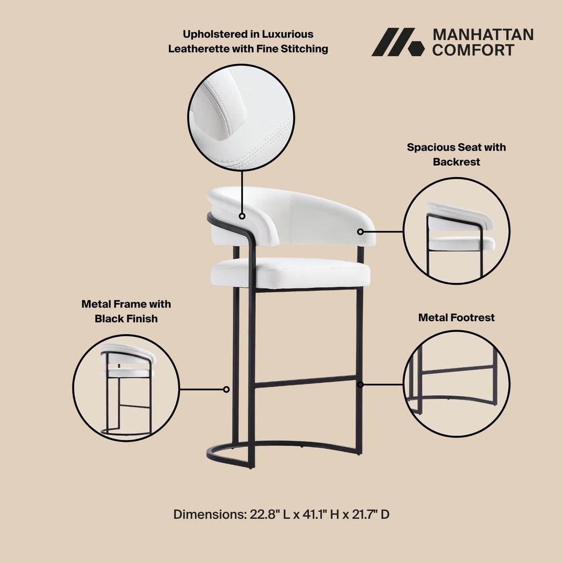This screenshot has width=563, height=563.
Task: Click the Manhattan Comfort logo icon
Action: [x=394, y=42]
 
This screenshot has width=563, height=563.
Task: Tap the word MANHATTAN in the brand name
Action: [x=483, y=35]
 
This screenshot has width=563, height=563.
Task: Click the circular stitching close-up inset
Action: [x=241, y=117]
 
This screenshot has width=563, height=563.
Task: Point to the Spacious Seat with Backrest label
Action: [x=456, y=154]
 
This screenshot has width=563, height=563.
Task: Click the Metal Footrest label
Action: [x=456, y=317]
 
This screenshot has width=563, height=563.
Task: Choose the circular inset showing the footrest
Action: [x=456, y=384]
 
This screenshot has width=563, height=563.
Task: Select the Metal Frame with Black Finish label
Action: [x=126, y=311]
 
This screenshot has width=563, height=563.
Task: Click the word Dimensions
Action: [x=209, y=515]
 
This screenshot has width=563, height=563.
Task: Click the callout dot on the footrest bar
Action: [x=360, y=384]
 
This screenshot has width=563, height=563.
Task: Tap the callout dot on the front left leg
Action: [x=227, y=389]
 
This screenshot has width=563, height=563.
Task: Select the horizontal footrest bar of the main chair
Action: [x=306, y=382]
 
